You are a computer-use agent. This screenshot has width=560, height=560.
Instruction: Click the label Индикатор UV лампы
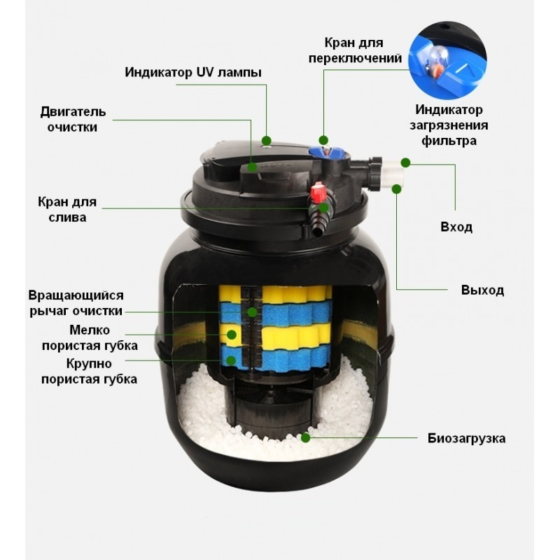(193, 72)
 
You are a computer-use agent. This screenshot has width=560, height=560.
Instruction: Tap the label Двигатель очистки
(73, 119)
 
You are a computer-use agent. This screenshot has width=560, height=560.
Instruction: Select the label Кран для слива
(67, 209)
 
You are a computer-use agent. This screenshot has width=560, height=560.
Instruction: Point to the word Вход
(456, 227)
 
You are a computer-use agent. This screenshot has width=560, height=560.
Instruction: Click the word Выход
(482, 290)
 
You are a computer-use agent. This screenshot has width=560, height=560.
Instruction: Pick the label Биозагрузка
(466, 438)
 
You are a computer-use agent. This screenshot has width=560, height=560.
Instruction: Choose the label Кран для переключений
(355, 50)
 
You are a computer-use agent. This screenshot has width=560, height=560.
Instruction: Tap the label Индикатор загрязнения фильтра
(449, 125)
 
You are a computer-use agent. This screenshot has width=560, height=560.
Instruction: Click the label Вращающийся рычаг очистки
(76, 303)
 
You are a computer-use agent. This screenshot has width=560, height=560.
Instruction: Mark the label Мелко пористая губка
(90, 338)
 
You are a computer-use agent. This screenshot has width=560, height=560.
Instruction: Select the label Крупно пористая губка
(89, 371)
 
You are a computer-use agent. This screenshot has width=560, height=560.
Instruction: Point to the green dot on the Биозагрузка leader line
(305, 437)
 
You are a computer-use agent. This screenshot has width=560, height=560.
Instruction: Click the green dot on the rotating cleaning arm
(252, 312)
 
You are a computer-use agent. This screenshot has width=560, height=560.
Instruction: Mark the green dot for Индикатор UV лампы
(266, 141)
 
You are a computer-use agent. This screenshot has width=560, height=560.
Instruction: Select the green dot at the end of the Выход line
(396, 189)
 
